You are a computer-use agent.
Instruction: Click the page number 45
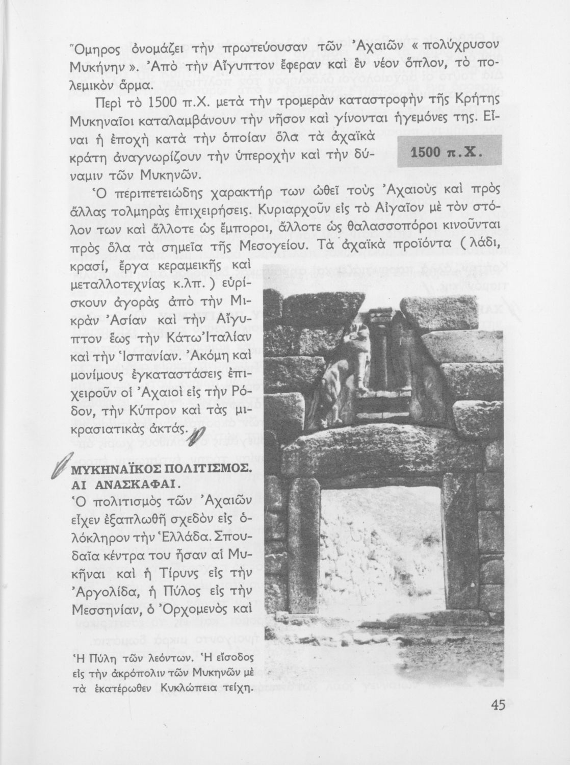coord(498,705)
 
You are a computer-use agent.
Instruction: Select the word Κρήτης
coord(473,101)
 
